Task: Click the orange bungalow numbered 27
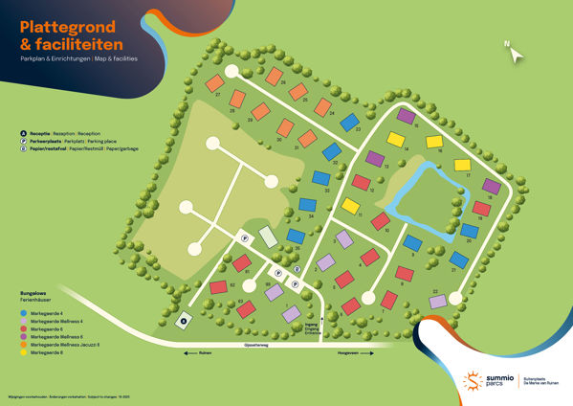[x=217, y=83]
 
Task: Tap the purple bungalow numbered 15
[x=406, y=116]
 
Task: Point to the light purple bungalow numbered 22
[x=438, y=302]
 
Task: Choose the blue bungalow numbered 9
[x=411, y=242]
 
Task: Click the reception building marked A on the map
[x=184, y=321]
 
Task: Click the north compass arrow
[x=518, y=55]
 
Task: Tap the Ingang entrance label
[x=312, y=327]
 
